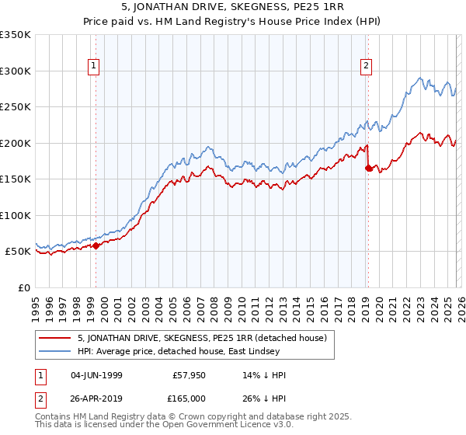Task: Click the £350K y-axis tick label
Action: click(16, 35)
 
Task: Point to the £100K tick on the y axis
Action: click(16, 215)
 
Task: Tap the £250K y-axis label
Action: click(16, 107)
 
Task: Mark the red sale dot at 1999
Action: click(96, 245)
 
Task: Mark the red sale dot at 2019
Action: click(367, 168)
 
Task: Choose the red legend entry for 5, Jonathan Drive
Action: click(202, 338)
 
